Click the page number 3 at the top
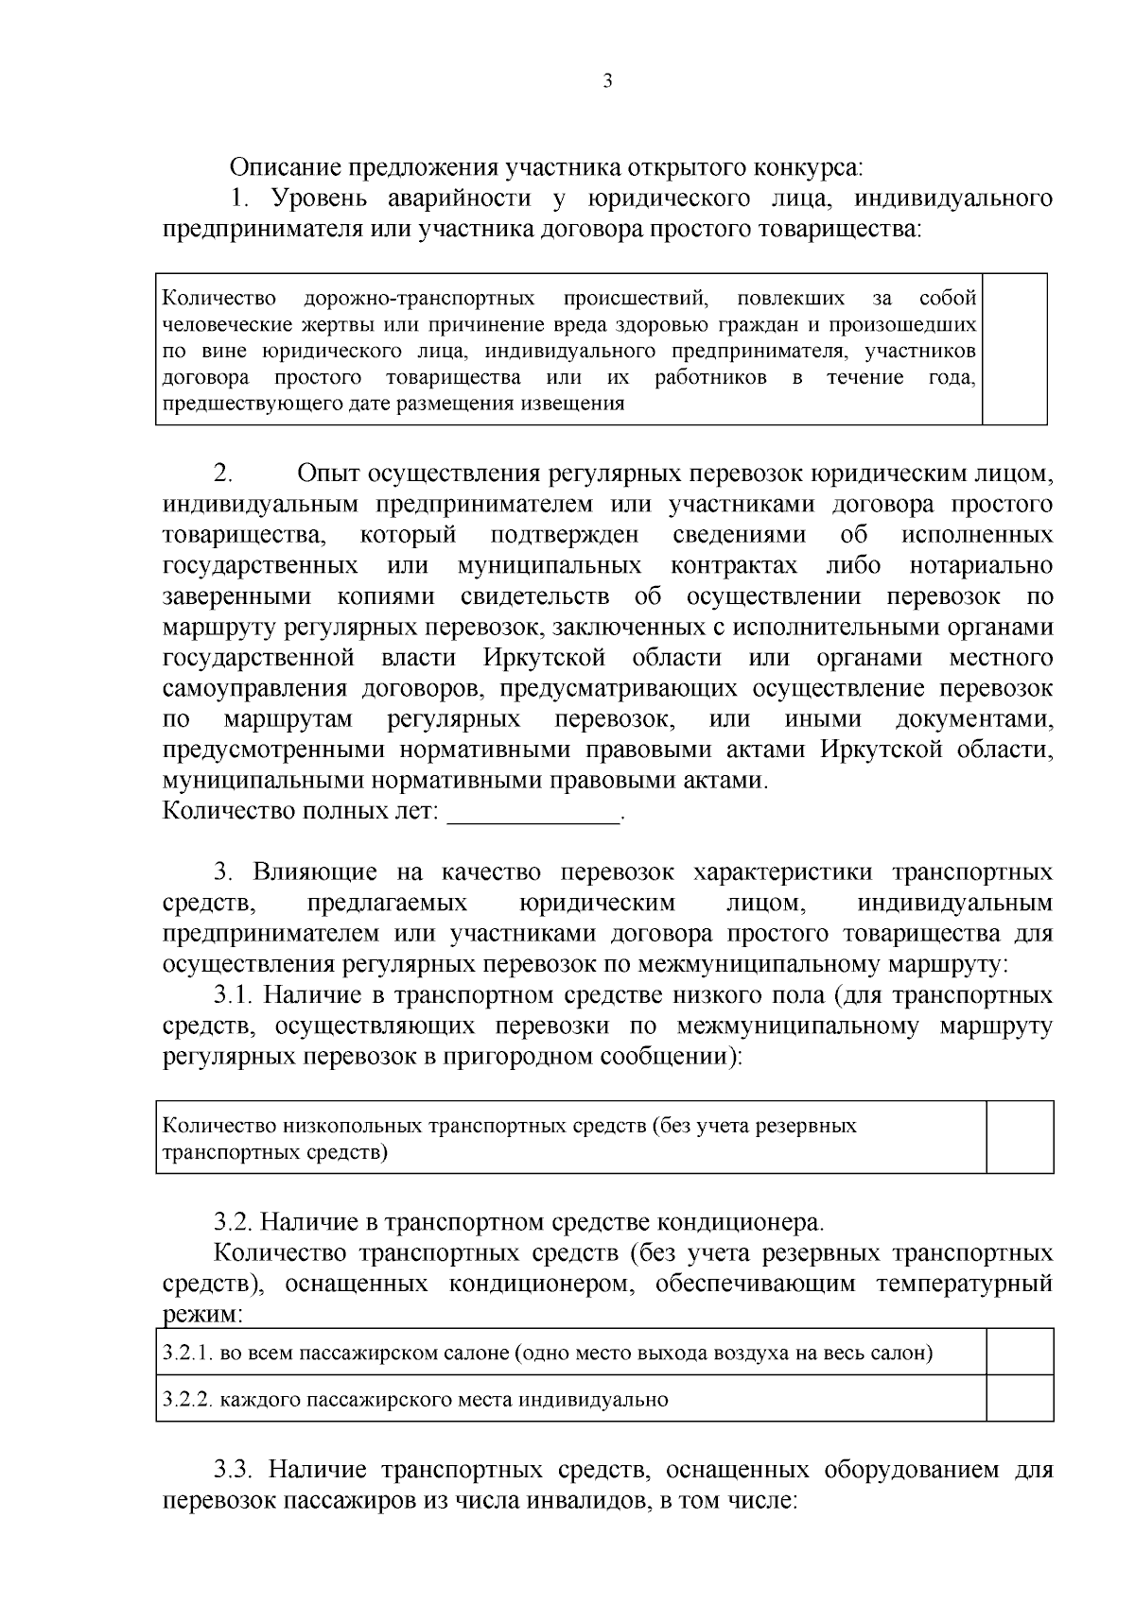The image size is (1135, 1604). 607,81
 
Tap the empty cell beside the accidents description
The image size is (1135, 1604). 1015,349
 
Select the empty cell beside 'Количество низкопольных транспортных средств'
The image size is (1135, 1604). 1020,1137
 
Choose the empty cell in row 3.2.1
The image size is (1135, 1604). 1020,1352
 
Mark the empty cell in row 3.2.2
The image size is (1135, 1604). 1020,1398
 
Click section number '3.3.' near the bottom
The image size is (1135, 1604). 234,1470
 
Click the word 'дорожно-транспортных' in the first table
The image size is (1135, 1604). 419,300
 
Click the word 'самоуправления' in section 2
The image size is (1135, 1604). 253,688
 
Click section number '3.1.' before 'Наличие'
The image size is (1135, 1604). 234,995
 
